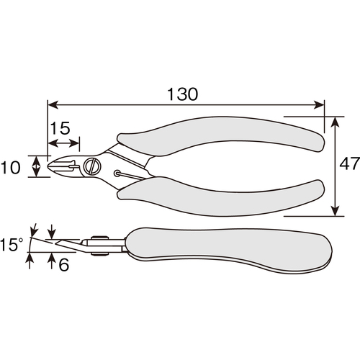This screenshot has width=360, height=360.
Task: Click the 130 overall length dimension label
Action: point(182,94)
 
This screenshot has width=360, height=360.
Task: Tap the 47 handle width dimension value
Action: point(349,164)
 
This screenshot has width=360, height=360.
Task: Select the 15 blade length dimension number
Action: point(60,128)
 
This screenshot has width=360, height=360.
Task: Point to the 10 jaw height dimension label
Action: point(11,167)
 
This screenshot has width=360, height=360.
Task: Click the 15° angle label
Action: point(12,245)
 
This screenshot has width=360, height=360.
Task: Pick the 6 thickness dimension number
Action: point(64,265)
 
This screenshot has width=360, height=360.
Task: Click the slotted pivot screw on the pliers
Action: point(91,166)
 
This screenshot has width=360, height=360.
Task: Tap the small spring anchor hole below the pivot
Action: point(117,174)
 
